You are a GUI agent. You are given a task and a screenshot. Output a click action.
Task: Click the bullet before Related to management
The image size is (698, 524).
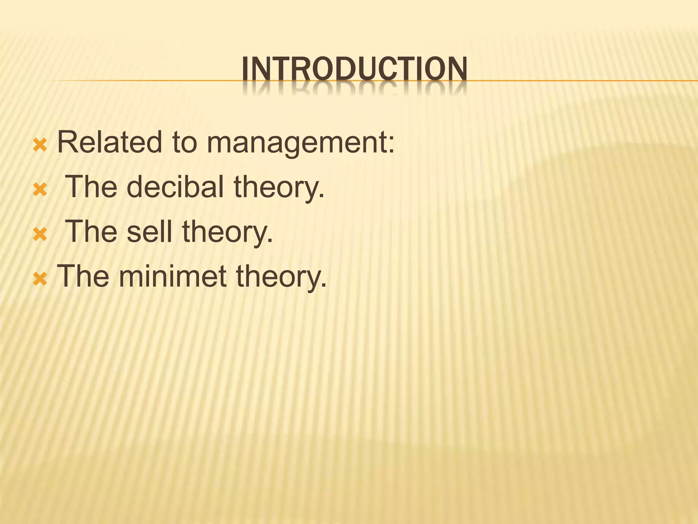tap(40, 146)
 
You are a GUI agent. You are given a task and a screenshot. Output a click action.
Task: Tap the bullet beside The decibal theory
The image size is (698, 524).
tap(40, 190)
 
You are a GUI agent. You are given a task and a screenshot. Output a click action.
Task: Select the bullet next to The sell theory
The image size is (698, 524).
tap(40, 234)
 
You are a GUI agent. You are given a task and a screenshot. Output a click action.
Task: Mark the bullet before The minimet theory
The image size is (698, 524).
tap(40, 279)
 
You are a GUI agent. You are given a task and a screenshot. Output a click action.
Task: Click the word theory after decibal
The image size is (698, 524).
tap(279, 188)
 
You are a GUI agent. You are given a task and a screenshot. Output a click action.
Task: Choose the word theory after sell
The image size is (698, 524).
tap(227, 232)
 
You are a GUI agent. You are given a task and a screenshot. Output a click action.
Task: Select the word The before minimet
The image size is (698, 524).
tap(83, 276)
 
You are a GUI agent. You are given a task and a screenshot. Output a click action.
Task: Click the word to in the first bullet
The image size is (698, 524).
tap(184, 143)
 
